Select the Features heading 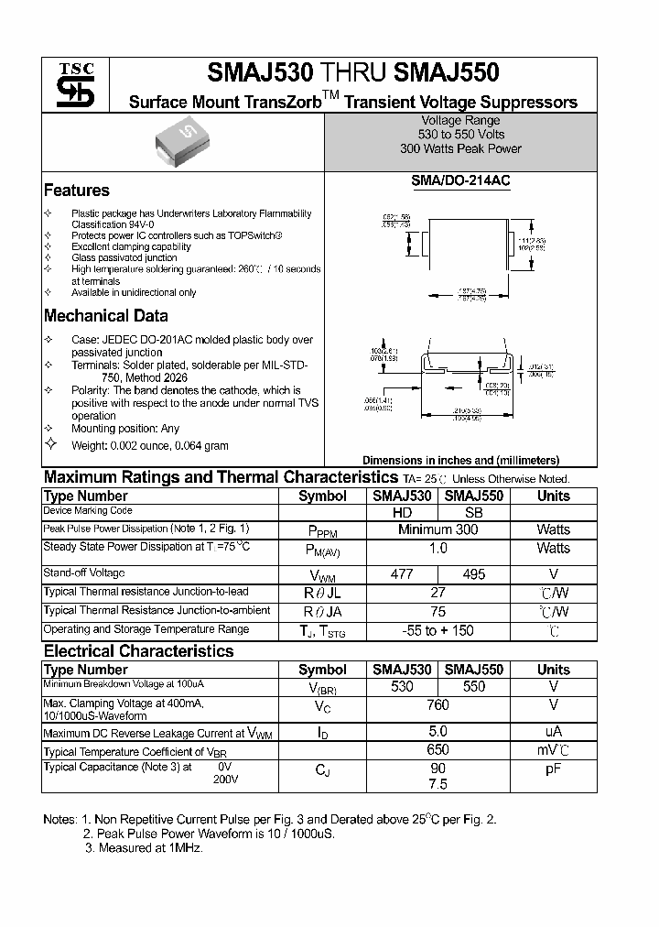pyautogui.click(x=77, y=191)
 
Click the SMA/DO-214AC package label pyautogui.click(x=460, y=181)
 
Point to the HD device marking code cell pyautogui.click(x=402, y=513)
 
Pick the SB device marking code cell pyautogui.click(x=474, y=513)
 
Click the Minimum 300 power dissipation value pyautogui.click(x=438, y=529)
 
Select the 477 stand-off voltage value pyautogui.click(x=402, y=574)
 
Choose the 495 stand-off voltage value pyautogui.click(x=474, y=574)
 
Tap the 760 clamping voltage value pyautogui.click(x=438, y=705)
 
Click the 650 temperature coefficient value pyautogui.click(x=438, y=750)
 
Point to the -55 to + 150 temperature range pyautogui.click(x=438, y=631)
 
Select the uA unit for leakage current pyautogui.click(x=553, y=731)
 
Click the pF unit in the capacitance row pyautogui.click(x=553, y=769)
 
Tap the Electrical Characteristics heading pyautogui.click(x=139, y=651)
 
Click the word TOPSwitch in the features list pyautogui.click(x=255, y=235)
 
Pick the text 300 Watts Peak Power pyautogui.click(x=460, y=148)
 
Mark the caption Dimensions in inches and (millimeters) pyautogui.click(x=460, y=461)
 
